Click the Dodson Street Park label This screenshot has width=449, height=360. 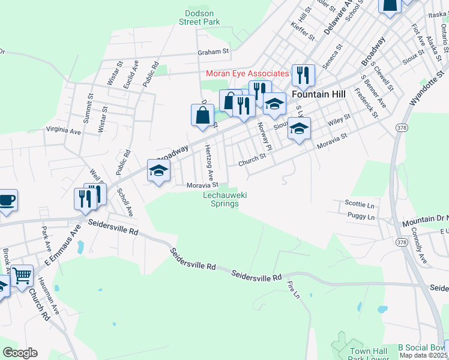(199, 17)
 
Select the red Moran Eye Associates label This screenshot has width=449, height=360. (247, 73)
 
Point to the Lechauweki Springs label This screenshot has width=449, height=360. (225, 199)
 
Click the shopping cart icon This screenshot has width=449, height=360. (22, 275)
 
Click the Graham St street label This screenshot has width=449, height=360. (214, 52)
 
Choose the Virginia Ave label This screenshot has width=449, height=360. (63, 130)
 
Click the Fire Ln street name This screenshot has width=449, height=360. (294, 291)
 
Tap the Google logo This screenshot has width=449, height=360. (20, 353)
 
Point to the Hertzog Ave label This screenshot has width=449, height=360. (209, 163)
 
